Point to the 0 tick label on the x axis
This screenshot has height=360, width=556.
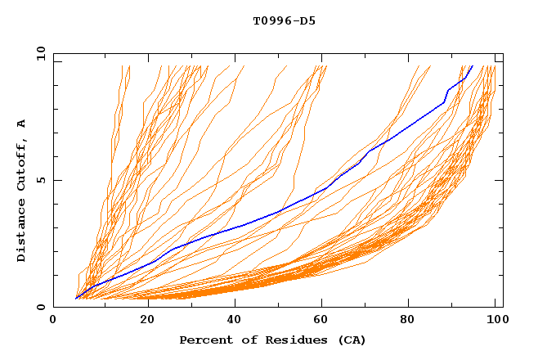click(x=54, y=321)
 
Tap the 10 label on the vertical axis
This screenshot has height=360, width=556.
click(x=38, y=53)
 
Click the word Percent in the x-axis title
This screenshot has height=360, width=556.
click(x=205, y=340)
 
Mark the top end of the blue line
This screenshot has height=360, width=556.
click(x=472, y=66)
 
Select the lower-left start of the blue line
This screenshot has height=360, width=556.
click(x=75, y=299)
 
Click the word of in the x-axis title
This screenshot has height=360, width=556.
click(x=249, y=340)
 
